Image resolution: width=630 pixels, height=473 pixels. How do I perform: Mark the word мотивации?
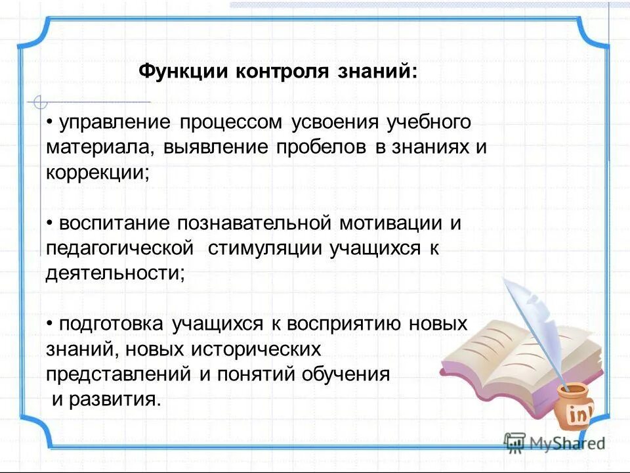390,223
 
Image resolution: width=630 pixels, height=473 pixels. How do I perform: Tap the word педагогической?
119,248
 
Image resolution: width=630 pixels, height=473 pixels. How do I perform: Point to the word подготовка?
111,325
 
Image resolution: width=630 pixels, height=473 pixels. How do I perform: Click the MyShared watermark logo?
555,443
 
